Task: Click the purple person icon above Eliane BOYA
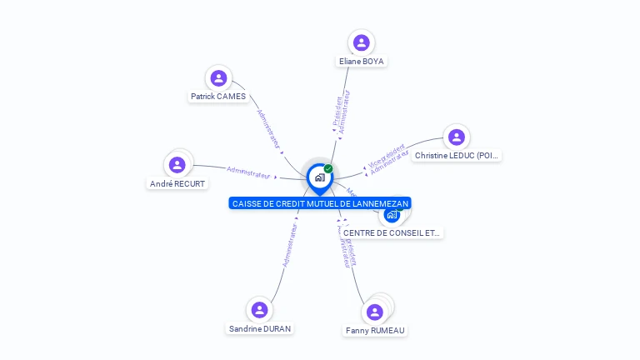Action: [361, 42]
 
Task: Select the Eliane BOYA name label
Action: [362, 62]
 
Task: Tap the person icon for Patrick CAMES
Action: [218, 78]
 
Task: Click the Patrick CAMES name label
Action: [218, 97]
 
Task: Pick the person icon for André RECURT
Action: [177, 165]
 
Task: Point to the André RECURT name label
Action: [177, 184]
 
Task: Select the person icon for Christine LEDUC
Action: [455, 137]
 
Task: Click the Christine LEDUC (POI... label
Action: [457, 156]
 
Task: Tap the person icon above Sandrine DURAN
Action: [259, 310]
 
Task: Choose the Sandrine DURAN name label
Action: [260, 329]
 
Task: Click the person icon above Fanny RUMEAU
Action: [375, 312]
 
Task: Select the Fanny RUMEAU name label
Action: [375, 331]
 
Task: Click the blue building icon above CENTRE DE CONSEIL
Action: [392, 214]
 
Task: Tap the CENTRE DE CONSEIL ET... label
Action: [392, 233]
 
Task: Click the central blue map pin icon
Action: [319, 177]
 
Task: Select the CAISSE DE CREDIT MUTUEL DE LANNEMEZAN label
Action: [320, 203]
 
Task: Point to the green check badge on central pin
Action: [328, 168]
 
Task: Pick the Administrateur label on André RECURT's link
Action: [248, 172]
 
